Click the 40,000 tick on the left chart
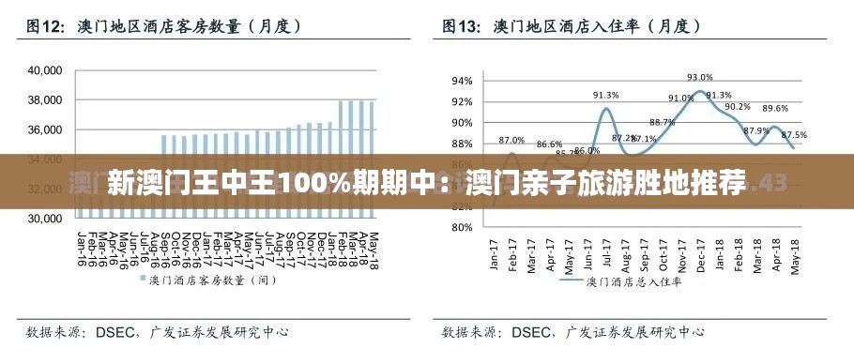click(44, 70)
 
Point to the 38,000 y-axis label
click(44, 100)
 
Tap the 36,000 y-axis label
click(44, 129)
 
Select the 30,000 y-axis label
click(44, 219)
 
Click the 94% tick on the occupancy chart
click(462, 81)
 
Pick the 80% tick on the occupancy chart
click(462, 227)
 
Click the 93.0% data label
click(699, 77)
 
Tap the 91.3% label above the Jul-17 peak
click(605, 95)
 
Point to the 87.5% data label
click(794, 135)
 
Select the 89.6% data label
click(774, 109)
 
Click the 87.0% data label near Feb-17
click(511, 140)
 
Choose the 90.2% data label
click(737, 106)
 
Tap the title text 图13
click(460, 27)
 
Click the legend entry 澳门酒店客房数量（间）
click(212, 280)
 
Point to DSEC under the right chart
click(532, 332)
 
